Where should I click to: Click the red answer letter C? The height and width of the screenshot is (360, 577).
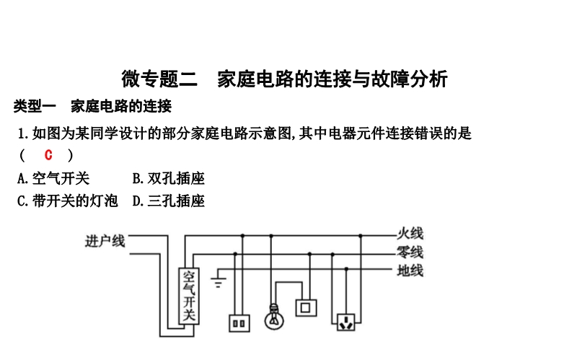point(48,155)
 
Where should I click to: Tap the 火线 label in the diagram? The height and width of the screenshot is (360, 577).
point(410,234)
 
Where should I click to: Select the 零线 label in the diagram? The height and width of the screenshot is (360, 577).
point(410,253)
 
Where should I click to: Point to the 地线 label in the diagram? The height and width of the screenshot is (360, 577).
point(410,271)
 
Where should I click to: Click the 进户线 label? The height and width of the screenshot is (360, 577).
point(105,241)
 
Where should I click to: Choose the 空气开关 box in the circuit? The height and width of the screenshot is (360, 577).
point(189,296)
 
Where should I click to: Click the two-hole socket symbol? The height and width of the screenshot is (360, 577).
point(239,323)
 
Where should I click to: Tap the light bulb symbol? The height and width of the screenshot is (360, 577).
point(273,315)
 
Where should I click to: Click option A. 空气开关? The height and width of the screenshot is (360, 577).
point(53,178)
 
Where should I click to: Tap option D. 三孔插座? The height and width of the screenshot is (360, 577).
point(169,201)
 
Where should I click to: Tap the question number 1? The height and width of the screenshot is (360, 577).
point(22,133)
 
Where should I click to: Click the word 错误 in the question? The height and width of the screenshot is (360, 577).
point(428,133)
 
